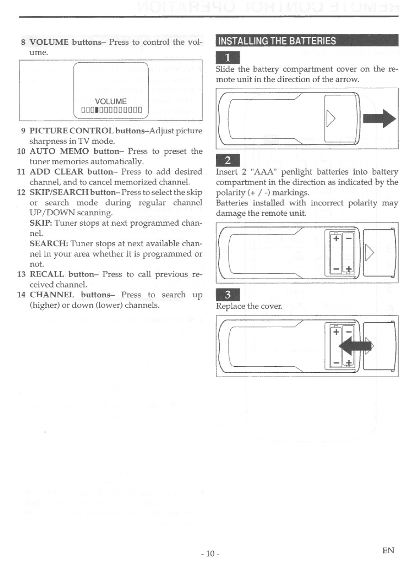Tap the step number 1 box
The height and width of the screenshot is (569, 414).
point(228,58)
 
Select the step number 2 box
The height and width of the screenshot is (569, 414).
point(228,161)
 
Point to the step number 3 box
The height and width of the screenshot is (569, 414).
point(228,295)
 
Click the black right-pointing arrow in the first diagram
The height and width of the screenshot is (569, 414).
point(379,119)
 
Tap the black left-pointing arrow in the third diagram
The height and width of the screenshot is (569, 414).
point(355,346)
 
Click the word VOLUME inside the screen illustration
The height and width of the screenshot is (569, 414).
point(111,102)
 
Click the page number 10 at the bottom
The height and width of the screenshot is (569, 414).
point(210,553)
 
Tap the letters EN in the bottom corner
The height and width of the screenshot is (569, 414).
point(388,551)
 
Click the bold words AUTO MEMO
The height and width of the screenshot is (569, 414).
point(59,151)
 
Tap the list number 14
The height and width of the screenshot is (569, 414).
point(21,295)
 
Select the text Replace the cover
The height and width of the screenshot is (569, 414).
point(249,306)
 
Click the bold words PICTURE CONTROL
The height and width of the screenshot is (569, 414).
point(72,131)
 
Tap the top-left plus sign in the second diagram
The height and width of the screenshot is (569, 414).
point(336,238)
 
